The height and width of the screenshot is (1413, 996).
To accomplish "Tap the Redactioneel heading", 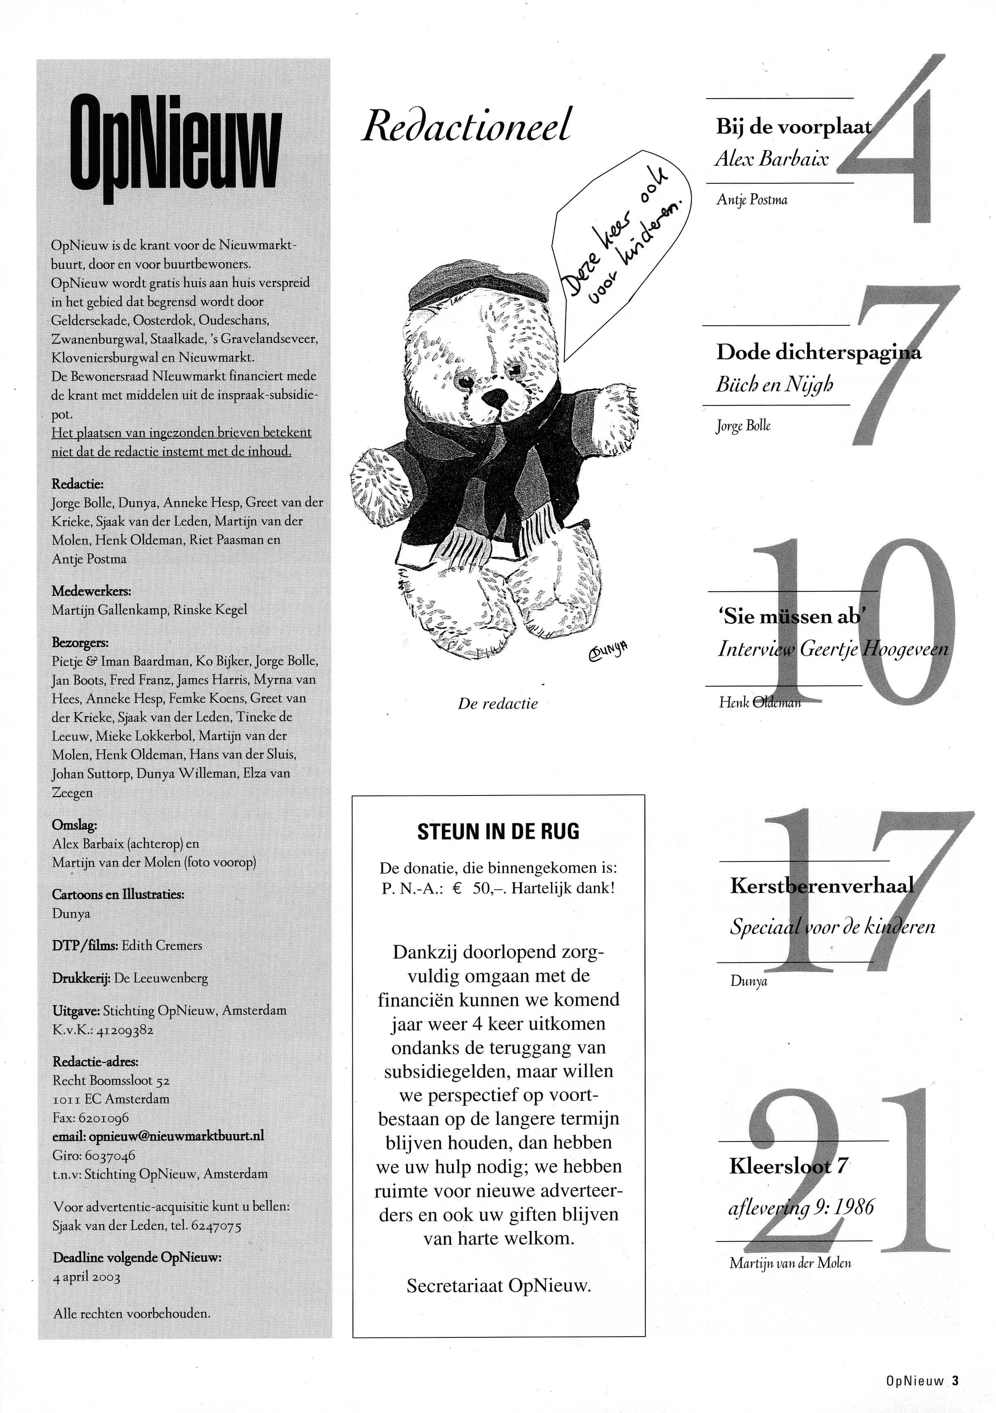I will coord(466,125).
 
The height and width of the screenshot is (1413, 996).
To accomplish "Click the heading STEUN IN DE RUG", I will coord(498,832).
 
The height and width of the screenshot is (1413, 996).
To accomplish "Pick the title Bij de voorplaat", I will coord(794,127).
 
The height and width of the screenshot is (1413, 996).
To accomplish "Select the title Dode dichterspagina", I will coord(818,353).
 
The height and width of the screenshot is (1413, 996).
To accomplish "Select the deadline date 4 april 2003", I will coord(87,1277).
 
